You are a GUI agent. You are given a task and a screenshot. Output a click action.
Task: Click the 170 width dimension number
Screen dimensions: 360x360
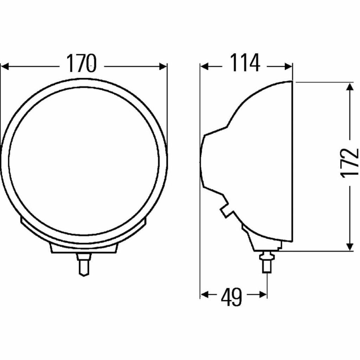click(82, 64)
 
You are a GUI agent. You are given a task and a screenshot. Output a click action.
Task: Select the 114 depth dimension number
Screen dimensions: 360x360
click(245, 63)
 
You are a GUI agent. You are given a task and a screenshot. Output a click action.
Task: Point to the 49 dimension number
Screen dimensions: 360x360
click(231, 297)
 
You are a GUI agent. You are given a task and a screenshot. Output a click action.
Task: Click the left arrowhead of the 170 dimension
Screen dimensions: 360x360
click(5, 67)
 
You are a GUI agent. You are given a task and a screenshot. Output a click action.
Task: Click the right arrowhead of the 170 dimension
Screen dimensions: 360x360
click(163, 67)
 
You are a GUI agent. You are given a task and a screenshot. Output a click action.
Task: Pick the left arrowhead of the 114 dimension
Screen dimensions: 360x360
click(204, 67)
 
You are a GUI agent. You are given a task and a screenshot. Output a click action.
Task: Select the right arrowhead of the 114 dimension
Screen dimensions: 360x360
click(288, 67)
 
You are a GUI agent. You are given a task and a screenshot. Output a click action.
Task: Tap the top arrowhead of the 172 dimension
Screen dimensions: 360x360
click(349, 87)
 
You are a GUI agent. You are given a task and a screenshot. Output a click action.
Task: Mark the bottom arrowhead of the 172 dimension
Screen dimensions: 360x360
click(349, 247)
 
